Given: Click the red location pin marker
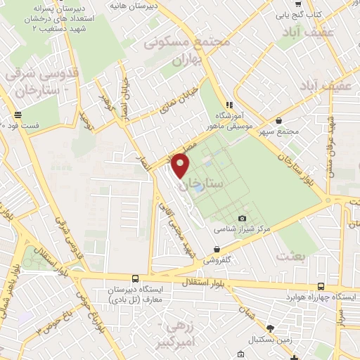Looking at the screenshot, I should tap(181, 166).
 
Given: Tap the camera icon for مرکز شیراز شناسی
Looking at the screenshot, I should tap(243, 219).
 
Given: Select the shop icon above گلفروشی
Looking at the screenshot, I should tap(217, 249).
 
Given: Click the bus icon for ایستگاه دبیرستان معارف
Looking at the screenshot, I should tap(134, 278).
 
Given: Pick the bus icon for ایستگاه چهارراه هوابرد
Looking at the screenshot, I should tap(321, 286).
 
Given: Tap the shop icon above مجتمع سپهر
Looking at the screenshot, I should tap(280, 120).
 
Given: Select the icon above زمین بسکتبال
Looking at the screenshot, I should tap(269, 328).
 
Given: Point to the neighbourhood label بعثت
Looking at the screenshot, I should tap(290, 255).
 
